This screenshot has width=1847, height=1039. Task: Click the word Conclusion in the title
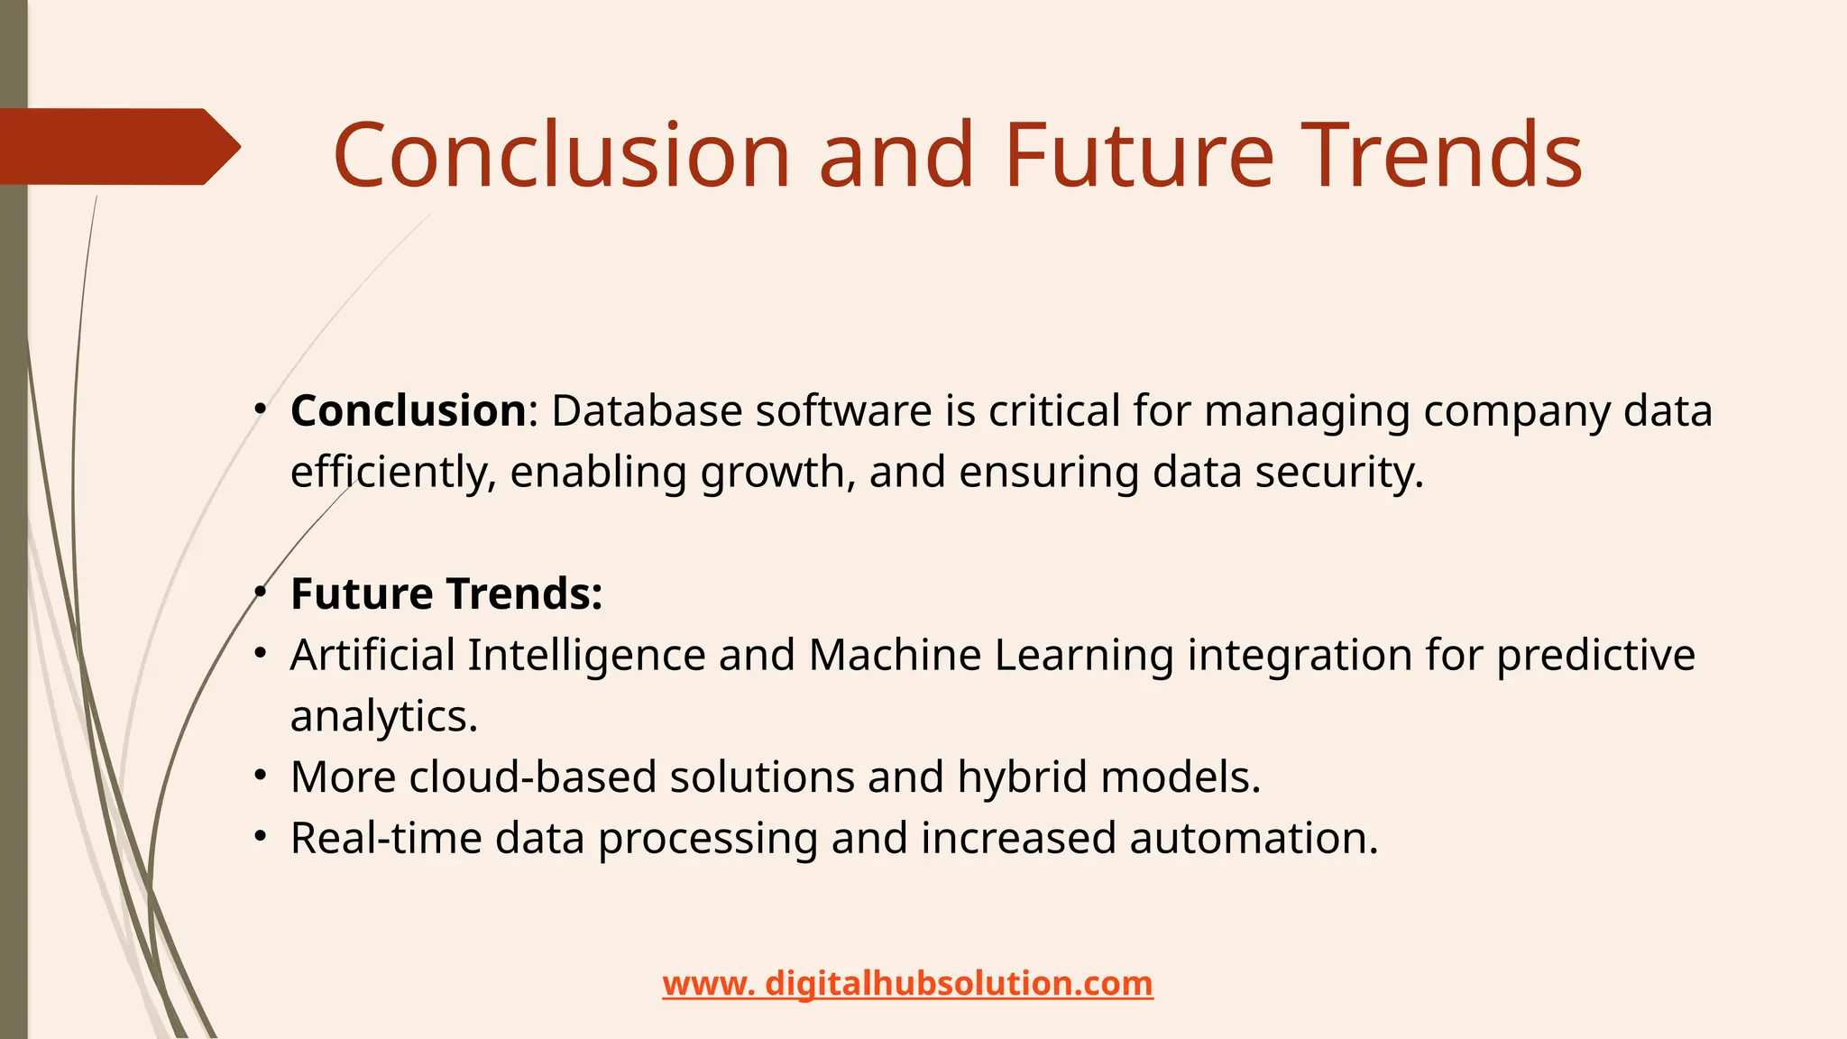[561, 156]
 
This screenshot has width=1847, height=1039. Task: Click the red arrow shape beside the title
[117, 147]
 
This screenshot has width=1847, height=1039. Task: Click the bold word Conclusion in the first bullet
[408, 411]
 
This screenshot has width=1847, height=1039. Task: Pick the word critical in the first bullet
[1054, 411]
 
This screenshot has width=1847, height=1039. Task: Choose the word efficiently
[392, 473]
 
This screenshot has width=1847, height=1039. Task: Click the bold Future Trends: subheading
[446, 594]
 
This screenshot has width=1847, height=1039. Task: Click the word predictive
[1595, 656]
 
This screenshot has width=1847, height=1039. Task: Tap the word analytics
[383, 717]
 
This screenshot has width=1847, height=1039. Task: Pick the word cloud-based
[532, 777]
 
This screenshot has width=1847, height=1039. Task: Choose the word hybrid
[1022, 777]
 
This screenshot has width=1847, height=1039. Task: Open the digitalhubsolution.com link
[907, 983]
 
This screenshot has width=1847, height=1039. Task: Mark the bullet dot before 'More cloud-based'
[261, 776]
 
